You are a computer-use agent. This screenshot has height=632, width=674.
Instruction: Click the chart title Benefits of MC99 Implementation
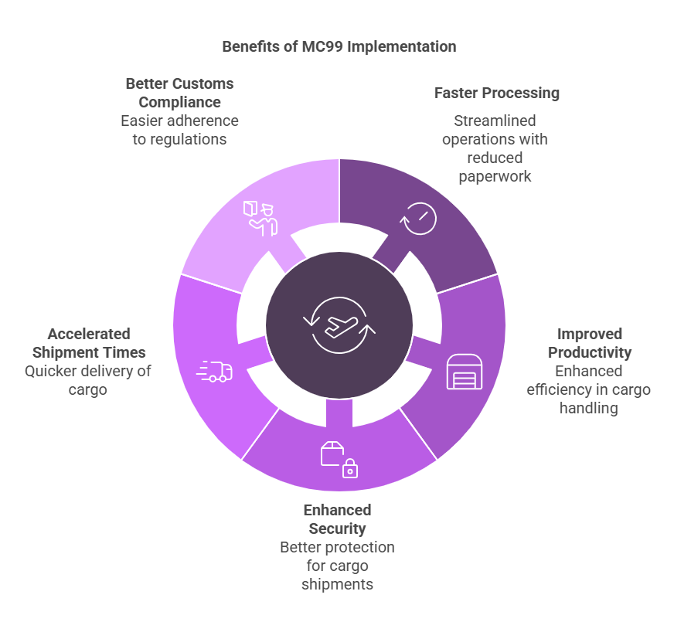339,46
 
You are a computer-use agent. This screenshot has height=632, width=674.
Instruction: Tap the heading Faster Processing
496,93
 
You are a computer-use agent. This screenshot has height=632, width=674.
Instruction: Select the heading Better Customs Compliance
179,93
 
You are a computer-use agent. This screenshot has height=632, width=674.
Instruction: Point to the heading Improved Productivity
590,343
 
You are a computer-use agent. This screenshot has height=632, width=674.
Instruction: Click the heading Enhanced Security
337,519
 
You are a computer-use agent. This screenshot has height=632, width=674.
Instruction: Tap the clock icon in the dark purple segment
418,219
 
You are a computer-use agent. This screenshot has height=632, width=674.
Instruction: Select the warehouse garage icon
464,372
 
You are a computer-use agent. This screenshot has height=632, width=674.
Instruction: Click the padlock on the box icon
350,468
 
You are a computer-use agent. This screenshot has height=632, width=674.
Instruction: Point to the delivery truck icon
215,372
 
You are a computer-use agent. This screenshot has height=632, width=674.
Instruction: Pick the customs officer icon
260,217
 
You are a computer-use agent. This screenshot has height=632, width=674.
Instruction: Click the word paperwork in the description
495,176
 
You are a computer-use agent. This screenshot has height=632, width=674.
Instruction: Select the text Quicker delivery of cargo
87,380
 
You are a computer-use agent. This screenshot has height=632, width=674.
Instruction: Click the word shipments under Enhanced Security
337,584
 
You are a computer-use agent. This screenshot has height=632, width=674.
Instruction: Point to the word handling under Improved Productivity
589,408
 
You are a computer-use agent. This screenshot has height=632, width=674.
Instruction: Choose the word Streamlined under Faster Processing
495,121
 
